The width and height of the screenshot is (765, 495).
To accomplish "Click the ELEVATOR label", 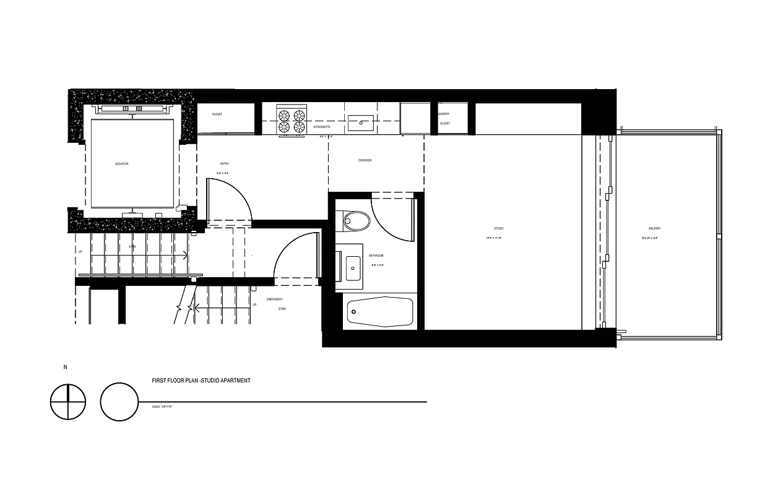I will (x=121, y=164).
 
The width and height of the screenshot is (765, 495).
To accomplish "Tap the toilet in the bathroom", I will (x=356, y=220).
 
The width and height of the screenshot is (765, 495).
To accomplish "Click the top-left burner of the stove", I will (x=285, y=115).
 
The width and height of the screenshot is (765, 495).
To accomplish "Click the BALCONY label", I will (x=654, y=229).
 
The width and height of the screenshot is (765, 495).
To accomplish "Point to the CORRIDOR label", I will (x=365, y=160).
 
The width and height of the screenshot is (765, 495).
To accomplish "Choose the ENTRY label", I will (x=224, y=164).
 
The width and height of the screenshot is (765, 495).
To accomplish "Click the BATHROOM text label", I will (x=376, y=256).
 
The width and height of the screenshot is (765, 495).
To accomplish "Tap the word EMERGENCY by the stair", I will (x=275, y=299).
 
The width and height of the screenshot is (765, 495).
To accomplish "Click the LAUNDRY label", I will (x=443, y=114).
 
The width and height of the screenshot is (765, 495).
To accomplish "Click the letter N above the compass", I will (x=65, y=368).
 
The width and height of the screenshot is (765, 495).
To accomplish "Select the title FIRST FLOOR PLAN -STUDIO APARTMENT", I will (x=201, y=381).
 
